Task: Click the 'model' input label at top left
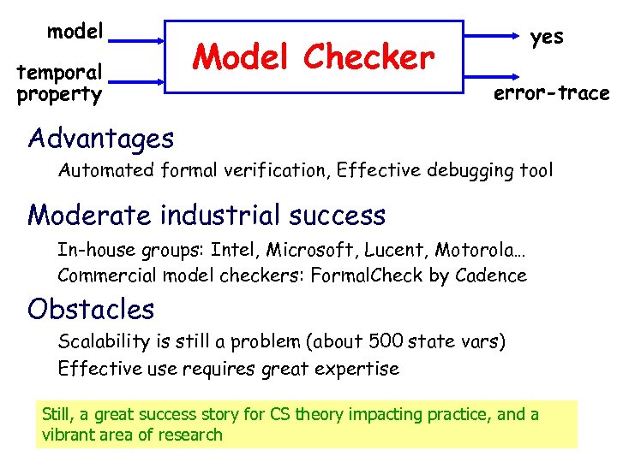coord(75,32)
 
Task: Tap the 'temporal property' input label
coord(59,83)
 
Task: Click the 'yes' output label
coord(547,37)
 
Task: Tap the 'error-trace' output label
coord(551,93)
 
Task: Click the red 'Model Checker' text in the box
coord(314,57)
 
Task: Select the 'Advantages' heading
coord(100,138)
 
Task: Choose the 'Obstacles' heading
coord(91,308)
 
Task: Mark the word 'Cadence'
coord(493,275)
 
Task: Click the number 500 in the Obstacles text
coord(386,342)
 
